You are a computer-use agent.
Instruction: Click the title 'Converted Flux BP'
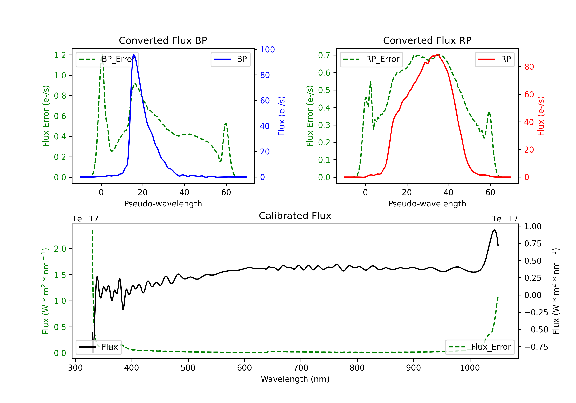163,40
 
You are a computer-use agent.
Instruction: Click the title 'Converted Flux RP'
427,40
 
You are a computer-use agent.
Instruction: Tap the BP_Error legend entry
107,59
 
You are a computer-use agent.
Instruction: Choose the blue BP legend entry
230,59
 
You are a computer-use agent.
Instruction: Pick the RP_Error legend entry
371,59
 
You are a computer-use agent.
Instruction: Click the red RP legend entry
494,59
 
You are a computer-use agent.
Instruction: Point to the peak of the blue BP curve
133,55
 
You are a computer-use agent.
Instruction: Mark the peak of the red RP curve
438,55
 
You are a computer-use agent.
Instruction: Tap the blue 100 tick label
267,50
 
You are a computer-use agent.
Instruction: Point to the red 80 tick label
529,67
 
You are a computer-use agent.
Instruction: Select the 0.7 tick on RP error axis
324,55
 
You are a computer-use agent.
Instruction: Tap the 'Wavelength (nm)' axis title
295,379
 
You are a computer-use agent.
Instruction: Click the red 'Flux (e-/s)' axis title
541,116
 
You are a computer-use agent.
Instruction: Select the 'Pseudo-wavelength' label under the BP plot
163,204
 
